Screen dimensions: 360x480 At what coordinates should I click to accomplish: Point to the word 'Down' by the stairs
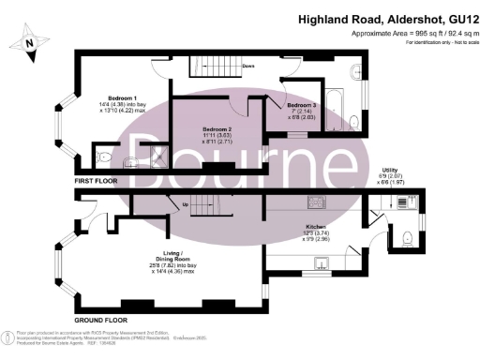coord(248,67)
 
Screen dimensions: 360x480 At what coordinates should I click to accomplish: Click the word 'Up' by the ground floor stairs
coord(185,204)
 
